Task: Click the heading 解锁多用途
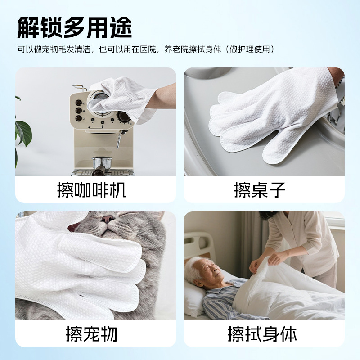pos(75,27)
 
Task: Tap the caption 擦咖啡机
pos(92,190)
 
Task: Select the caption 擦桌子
pos(260,190)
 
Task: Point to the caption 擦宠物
pos(92,334)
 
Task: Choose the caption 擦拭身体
pos(262,334)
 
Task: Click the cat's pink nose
pos(108,219)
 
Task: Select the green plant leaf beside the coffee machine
pos(24,133)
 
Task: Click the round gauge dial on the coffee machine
pos(124,117)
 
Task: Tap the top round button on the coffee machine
pos(79,103)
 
